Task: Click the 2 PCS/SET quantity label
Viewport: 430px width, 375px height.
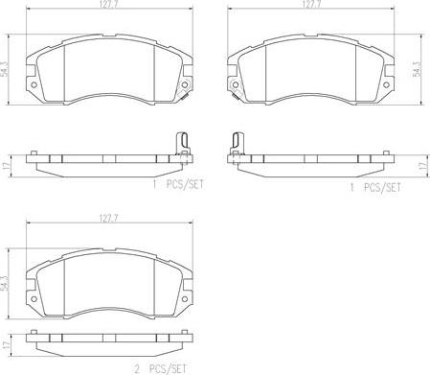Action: pos(160,369)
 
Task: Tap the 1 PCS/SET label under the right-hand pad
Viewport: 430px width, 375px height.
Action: pos(375,187)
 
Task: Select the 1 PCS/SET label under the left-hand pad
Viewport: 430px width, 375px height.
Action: pos(178,185)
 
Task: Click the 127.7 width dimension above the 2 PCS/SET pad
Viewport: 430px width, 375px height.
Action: pos(109,219)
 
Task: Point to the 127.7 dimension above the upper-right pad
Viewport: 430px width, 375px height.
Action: pos(311,4)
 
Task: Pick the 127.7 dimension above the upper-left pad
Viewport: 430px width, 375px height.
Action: pos(110,4)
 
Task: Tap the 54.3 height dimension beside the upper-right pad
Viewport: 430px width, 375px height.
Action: pos(417,69)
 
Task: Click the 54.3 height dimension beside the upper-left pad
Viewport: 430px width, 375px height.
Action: pos(5,69)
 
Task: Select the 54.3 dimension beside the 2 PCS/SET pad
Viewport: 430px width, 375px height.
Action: pos(5,283)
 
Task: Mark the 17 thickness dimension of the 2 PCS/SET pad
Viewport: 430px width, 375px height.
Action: pos(5,345)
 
